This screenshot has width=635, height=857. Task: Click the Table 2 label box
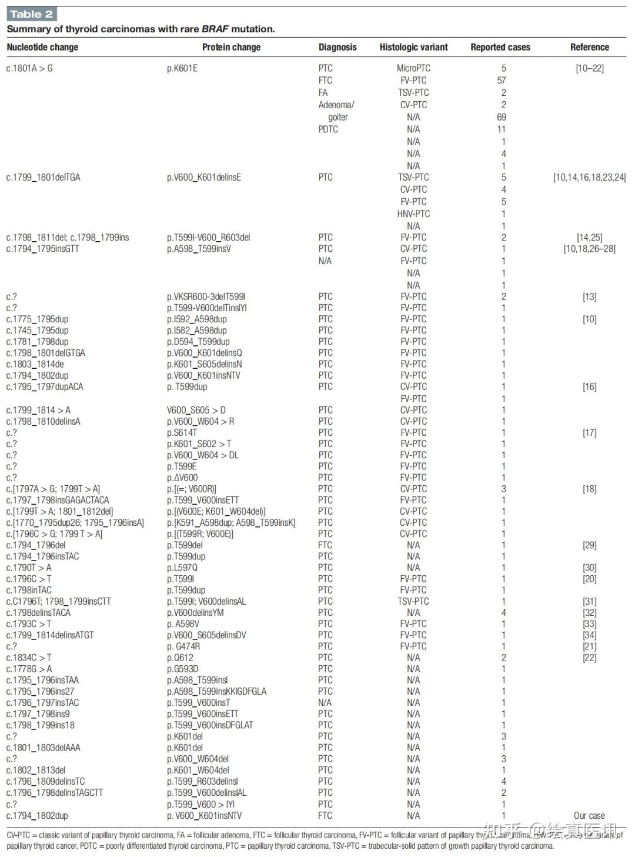tap(32, 14)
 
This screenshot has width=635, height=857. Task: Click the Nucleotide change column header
tap(42, 47)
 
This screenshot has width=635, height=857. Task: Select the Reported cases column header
tap(500, 47)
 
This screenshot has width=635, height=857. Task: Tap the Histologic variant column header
tap(413, 47)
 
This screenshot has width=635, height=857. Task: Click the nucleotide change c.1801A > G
tap(29, 68)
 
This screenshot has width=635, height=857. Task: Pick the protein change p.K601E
tap(182, 68)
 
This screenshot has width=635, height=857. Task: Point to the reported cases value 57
tap(502, 81)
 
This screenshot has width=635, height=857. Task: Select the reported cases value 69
tap(502, 117)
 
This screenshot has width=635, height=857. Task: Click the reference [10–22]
tap(589, 68)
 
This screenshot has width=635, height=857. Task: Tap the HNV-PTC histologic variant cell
tap(413, 214)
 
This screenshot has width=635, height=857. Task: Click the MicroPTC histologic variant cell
tap(413, 68)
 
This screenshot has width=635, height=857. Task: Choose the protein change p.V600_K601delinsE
tap(204, 178)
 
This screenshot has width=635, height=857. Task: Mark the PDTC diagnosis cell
tap(328, 129)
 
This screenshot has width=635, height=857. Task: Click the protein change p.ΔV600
tap(182, 478)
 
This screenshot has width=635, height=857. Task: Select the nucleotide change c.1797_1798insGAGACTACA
tap(58, 500)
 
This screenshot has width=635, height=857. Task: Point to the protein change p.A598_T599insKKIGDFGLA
tap(216, 692)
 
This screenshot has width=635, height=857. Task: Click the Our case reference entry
tap(589, 816)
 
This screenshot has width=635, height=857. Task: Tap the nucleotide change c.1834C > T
tap(29, 658)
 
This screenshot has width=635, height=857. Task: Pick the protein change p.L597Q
tap(182, 568)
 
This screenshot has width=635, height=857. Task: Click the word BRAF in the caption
tap(215, 29)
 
